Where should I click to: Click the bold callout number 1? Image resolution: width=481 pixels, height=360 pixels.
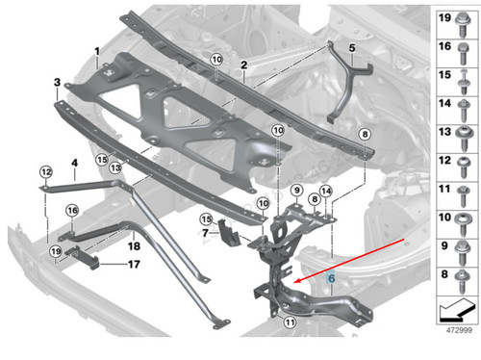96,48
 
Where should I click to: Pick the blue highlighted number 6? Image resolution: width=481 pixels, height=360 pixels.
331,275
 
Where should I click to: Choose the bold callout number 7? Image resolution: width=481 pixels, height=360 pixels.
205,234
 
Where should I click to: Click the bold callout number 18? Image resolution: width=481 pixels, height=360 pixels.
134,246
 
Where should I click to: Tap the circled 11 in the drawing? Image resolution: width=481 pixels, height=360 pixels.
289,323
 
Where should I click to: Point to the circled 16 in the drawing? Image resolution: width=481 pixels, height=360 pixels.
71,211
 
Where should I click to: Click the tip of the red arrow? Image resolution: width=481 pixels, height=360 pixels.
294,281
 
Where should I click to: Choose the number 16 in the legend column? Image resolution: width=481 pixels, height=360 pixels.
445,46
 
